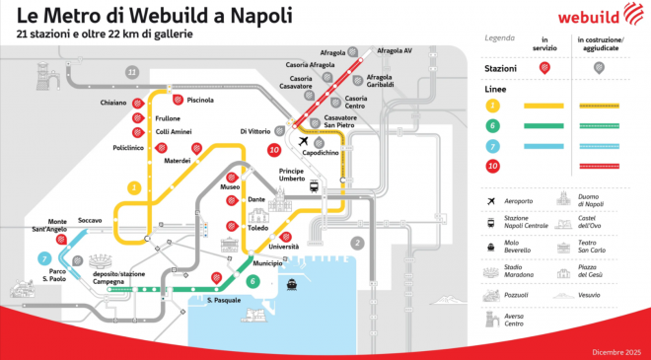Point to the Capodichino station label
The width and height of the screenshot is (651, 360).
321,153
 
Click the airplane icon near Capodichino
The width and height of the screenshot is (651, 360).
303,142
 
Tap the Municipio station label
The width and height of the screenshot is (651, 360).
267,263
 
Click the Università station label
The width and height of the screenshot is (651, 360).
283,247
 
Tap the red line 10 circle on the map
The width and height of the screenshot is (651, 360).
273,150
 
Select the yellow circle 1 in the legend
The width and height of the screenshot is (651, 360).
491,105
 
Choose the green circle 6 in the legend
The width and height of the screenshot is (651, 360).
491,124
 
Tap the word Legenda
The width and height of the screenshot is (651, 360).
500,38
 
